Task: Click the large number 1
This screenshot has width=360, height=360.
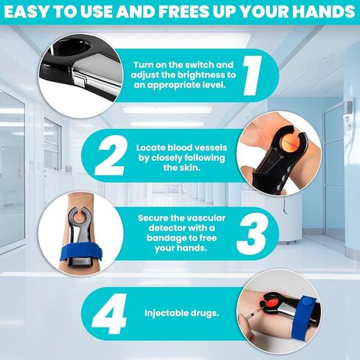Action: (252, 75)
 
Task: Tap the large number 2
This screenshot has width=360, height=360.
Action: (111, 156)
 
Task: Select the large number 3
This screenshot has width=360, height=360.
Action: (252, 234)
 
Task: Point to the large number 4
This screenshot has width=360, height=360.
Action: (110, 314)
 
